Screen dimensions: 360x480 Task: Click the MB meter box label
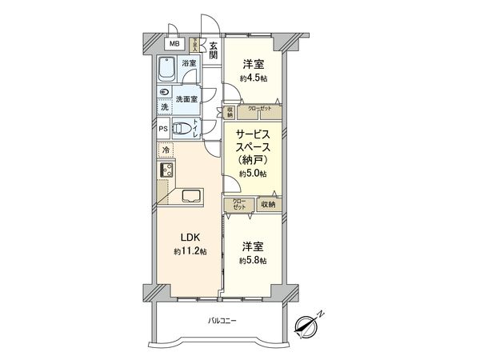173,44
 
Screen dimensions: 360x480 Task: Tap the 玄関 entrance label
214,50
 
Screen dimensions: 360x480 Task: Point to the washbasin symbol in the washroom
164,93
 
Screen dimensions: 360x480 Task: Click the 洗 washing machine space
164,107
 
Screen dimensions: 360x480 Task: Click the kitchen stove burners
167,170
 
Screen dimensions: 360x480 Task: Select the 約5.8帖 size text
254,261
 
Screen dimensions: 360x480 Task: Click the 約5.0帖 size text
254,174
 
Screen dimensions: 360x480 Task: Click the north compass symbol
306,325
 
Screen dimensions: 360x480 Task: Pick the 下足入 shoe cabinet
194,45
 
